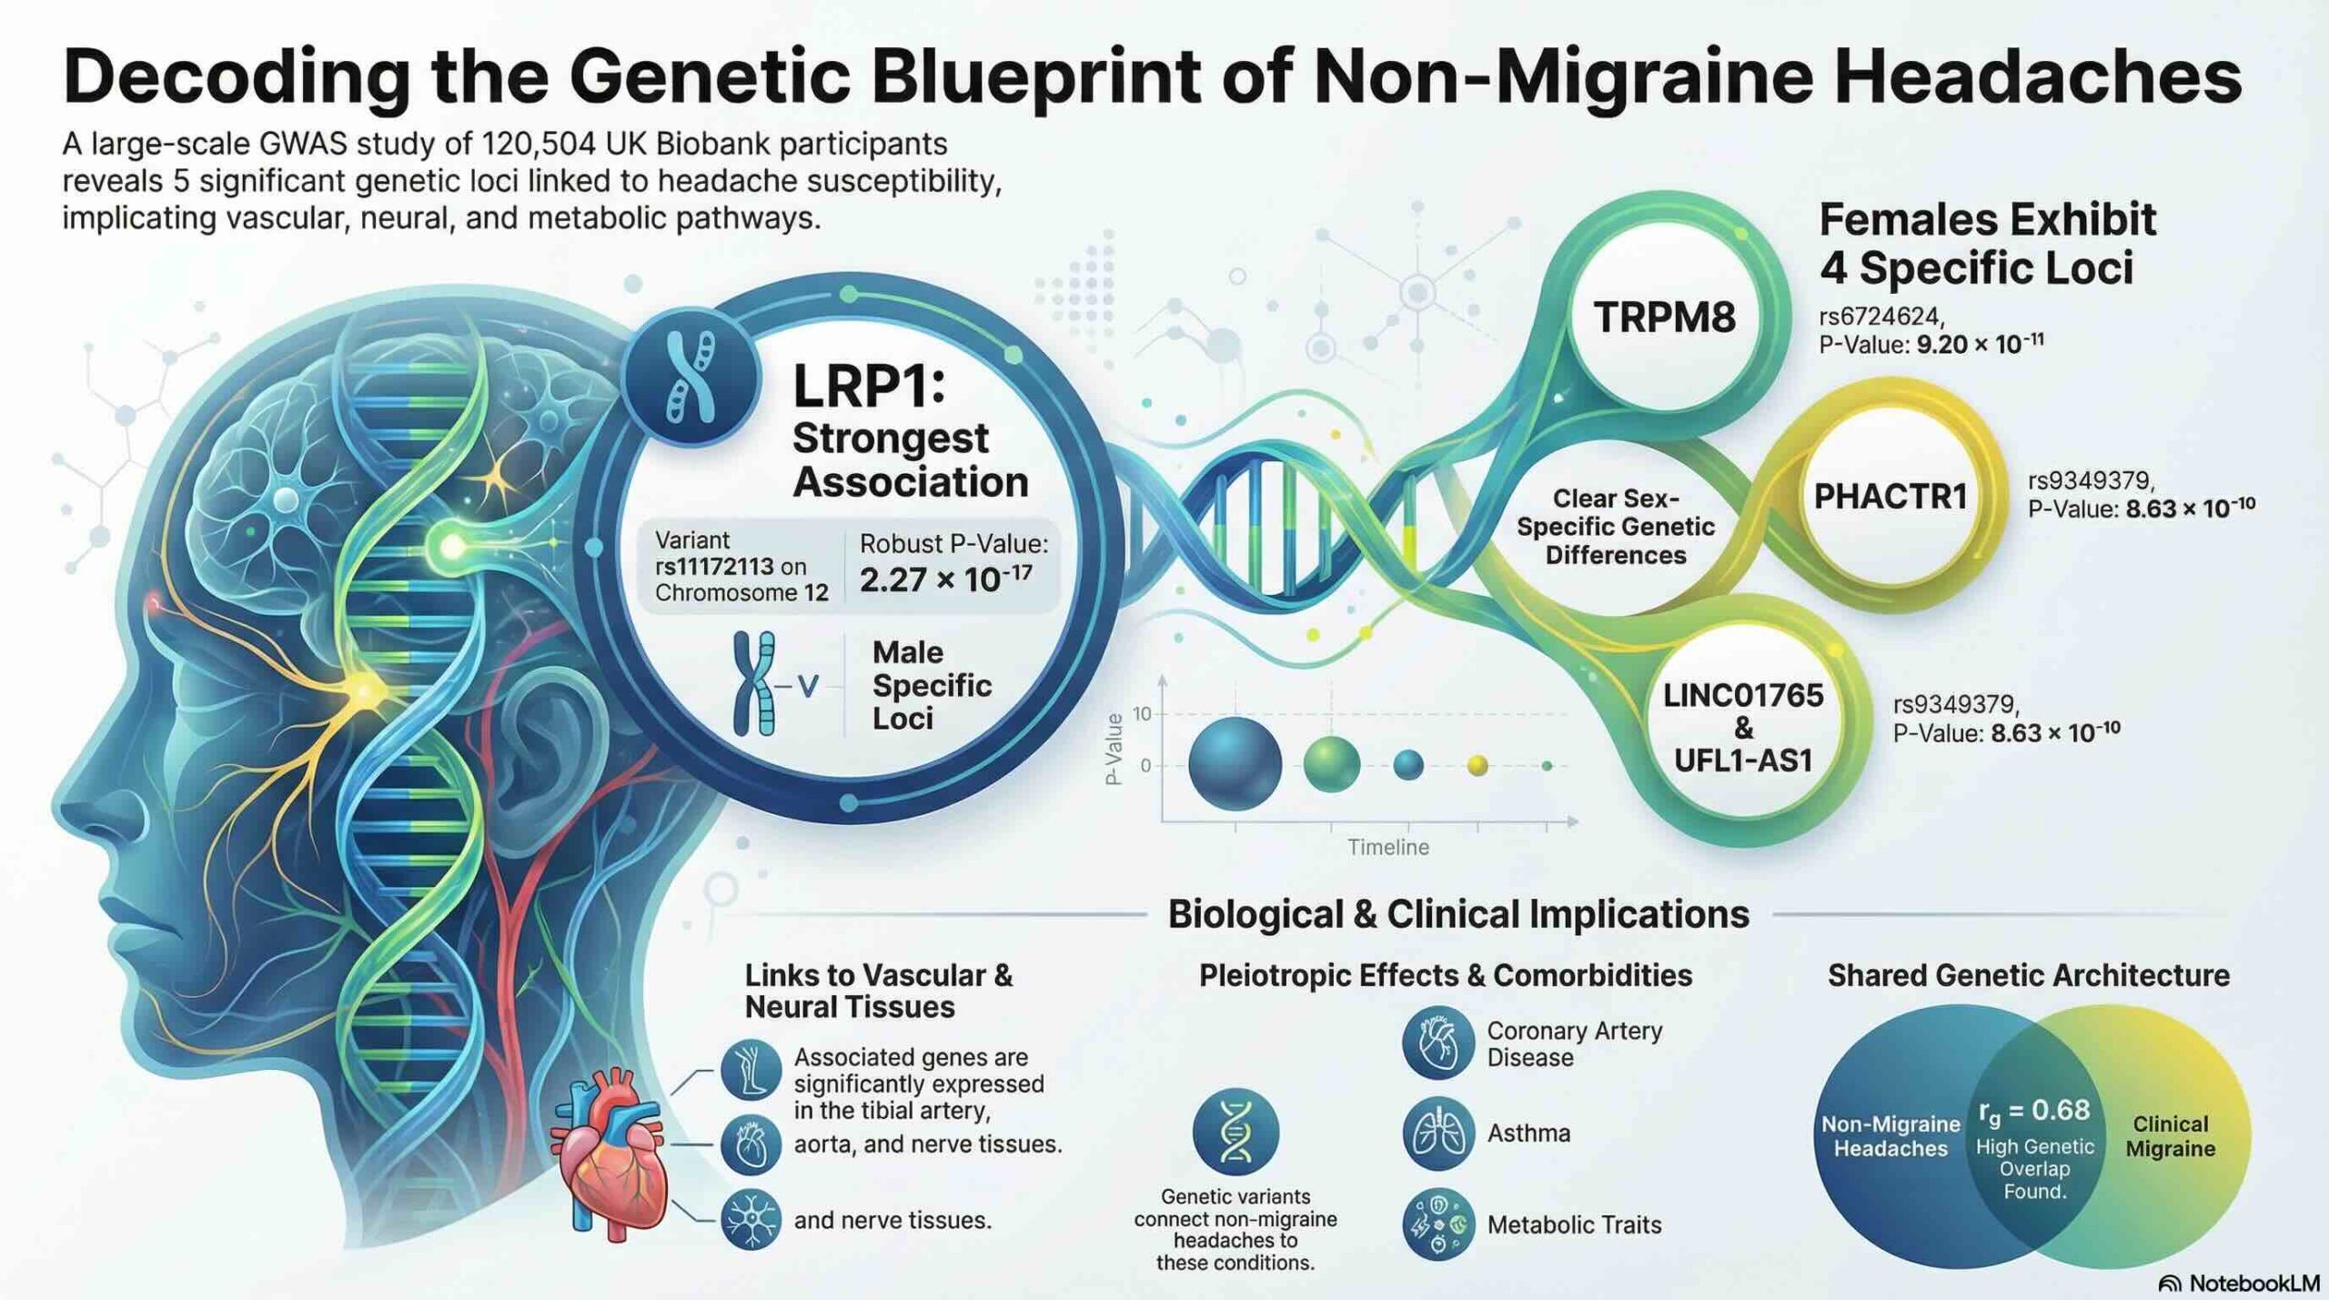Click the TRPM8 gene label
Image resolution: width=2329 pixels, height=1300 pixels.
pos(1664,317)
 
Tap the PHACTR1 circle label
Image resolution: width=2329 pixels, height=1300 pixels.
pos(1890,497)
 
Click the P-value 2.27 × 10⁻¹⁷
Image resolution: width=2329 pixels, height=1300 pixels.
pos(945,579)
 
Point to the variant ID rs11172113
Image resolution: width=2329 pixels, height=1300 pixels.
pos(715,566)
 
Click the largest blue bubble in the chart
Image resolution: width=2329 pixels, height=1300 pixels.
pos(1235,764)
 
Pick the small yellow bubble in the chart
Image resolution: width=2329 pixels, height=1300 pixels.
pos(1477,766)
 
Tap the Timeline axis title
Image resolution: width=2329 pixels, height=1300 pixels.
pos(1387,848)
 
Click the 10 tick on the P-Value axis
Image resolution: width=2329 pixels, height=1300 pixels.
pos(1142,714)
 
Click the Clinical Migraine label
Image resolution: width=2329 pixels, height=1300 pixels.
pos(2170,1136)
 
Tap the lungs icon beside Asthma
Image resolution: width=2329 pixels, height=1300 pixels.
pos(1437,1134)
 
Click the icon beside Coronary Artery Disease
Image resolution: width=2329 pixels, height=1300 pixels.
pos(1437,1042)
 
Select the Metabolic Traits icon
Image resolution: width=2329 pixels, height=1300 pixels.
pos(1437,1224)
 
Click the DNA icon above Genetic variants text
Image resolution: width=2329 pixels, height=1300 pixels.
pos(1235,1133)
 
